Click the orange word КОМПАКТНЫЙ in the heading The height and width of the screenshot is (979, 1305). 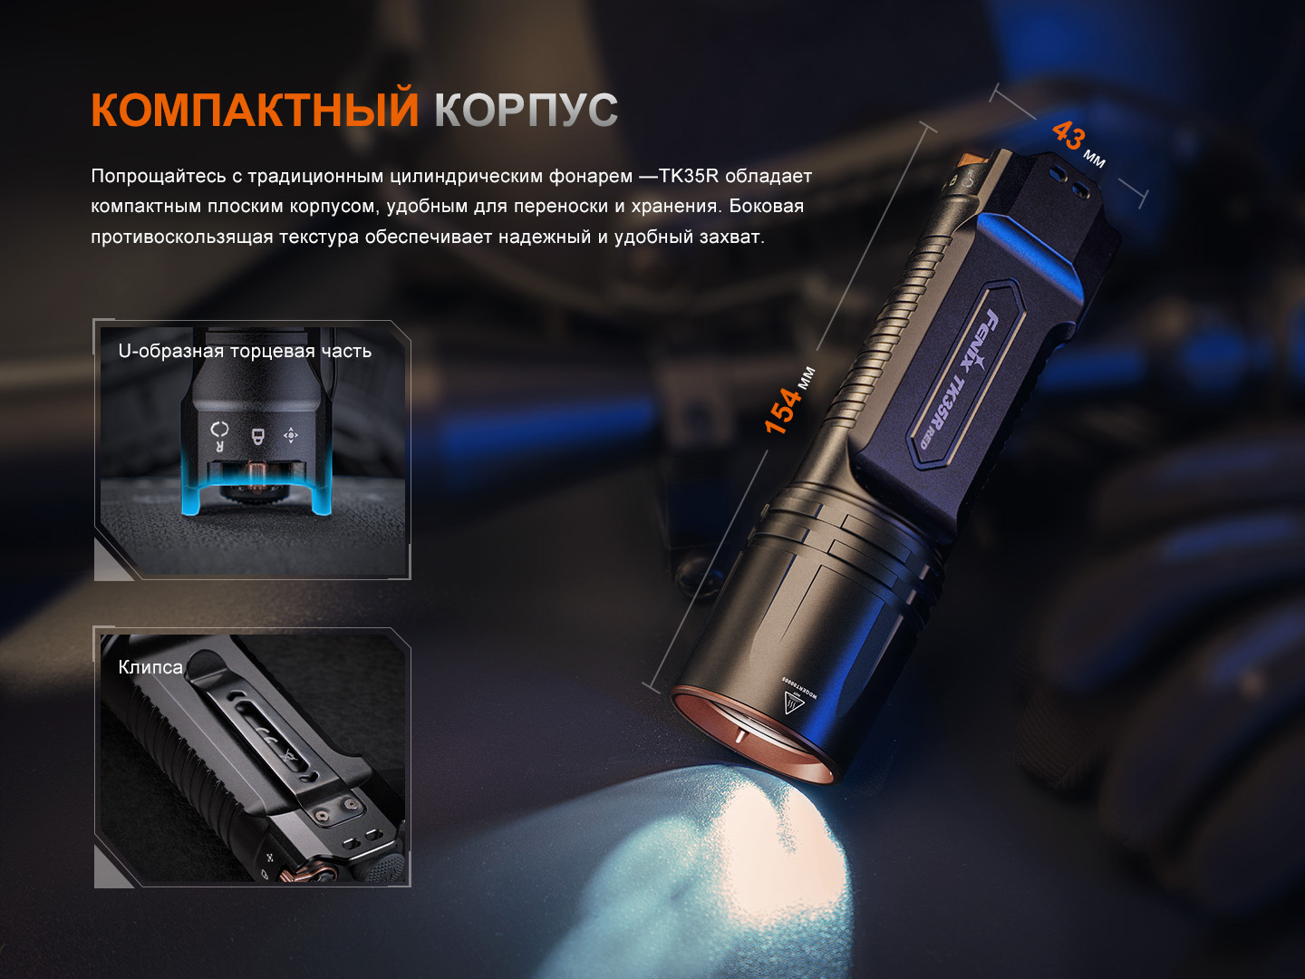pos(255,109)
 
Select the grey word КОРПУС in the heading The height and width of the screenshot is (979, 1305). pos(527,110)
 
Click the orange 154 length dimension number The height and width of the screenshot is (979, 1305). pos(782,410)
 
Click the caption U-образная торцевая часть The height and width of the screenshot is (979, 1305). pos(245,352)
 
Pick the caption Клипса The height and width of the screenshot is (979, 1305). pos(150,667)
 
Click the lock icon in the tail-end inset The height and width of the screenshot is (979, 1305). pos(257,436)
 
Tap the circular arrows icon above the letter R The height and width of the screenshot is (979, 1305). pos(219,429)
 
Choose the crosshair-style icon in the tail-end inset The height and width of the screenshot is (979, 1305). pos(291,436)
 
